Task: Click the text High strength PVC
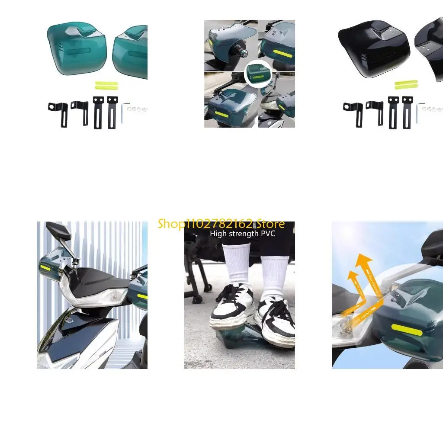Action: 242,234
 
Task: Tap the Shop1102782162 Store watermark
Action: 221,224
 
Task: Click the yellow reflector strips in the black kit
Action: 406,84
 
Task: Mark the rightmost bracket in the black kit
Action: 407,112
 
